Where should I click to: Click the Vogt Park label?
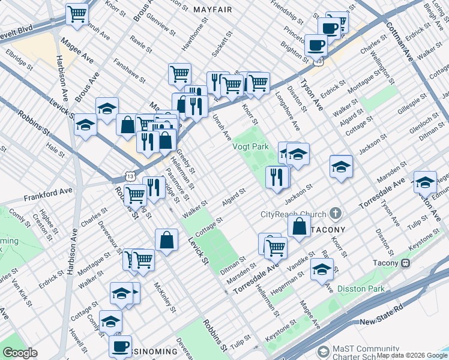click(x=250, y=146)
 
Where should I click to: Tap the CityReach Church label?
click(x=293, y=214)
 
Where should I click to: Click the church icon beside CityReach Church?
click(x=336, y=214)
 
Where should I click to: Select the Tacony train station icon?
click(x=406, y=263)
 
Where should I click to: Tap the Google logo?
click(x=20, y=353)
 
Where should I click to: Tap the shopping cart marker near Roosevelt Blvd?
click(x=77, y=13)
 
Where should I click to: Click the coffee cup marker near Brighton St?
click(x=316, y=44)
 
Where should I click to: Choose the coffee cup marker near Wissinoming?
click(x=121, y=346)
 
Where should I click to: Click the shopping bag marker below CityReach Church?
click(x=298, y=226)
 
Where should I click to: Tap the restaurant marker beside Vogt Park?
click(x=276, y=176)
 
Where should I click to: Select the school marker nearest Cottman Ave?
click(x=425, y=181)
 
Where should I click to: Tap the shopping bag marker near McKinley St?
click(x=167, y=239)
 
